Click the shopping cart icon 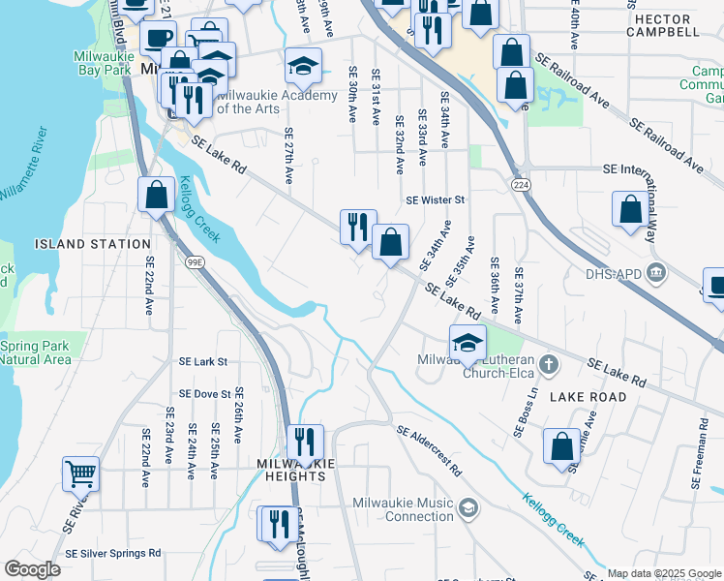point(81,474)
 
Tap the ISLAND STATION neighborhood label point(92,244)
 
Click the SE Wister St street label point(436,200)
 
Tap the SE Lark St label point(202,361)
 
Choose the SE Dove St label point(204,394)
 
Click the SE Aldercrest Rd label point(427,451)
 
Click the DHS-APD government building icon point(657,273)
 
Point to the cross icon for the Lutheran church point(549,364)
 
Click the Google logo point(32,569)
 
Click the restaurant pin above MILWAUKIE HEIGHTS point(306,442)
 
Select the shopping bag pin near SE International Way point(630,209)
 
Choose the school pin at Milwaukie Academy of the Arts point(303,67)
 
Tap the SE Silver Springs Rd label point(112,553)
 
